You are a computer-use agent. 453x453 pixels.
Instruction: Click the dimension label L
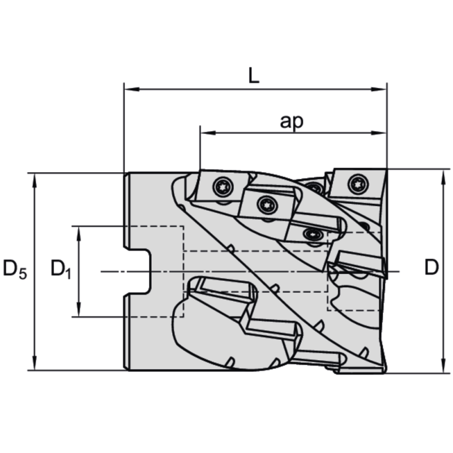pos(254,76)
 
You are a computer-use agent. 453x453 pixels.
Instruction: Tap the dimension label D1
pos(61,268)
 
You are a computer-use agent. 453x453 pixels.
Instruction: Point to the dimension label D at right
pos(431,268)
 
